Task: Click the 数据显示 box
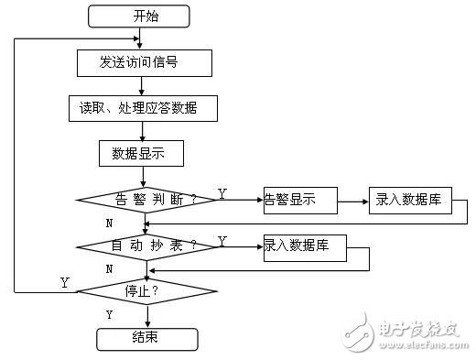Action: pyautogui.click(x=141, y=153)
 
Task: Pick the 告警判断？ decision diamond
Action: pyautogui.click(x=146, y=200)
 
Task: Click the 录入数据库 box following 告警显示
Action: pyautogui.click(x=409, y=201)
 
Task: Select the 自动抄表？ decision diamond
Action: pyautogui.click(x=146, y=246)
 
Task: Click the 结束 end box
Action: pyautogui.click(x=146, y=338)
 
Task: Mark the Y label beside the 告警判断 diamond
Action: pyautogui.click(x=222, y=193)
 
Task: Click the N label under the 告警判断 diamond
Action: pyautogui.click(x=110, y=223)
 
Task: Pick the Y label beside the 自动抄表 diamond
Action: pyautogui.click(x=222, y=240)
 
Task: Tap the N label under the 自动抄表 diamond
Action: pyautogui.click(x=110, y=269)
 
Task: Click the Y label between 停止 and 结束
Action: pyautogui.click(x=110, y=314)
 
